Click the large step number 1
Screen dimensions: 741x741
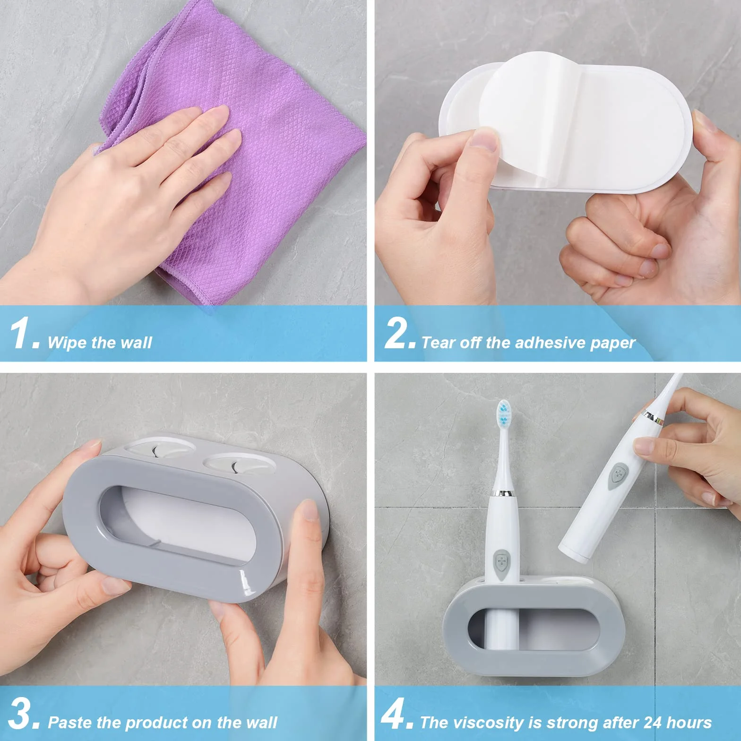(x=21, y=333)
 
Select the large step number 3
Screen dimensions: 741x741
(x=21, y=714)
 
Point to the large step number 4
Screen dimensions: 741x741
(x=396, y=714)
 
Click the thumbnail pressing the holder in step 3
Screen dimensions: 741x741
(x=310, y=510)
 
